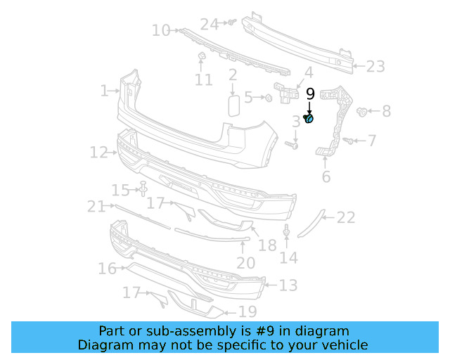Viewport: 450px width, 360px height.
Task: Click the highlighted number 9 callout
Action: click(x=310, y=94)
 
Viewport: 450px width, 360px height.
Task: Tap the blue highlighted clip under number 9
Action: click(x=309, y=118)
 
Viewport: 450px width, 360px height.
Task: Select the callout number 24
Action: click(x=210, y=25)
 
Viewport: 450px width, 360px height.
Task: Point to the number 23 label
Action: click(x=375, y=67)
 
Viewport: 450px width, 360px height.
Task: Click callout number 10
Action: click(x=161, y=30)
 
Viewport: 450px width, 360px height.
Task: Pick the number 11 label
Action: click(x=203, y=80)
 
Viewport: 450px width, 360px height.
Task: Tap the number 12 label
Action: click(x=98, y=152)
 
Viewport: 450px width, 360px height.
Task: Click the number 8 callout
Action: click(x=386, y=111)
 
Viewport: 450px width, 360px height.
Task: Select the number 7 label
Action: click(x=372, y=141)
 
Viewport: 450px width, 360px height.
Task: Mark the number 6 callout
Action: click(x=326, y=176)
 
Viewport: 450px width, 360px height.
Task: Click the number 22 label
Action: click(x=346, y=218)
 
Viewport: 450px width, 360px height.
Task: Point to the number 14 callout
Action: click(x=288, y=258)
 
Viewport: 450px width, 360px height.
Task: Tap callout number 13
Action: click(x=288, y=285)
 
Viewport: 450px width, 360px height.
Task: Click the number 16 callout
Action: click(x=107, y=269)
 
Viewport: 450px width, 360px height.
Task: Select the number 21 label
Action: click(x=96, y=206)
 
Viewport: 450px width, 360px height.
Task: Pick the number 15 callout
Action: click(x=122, y=190)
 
